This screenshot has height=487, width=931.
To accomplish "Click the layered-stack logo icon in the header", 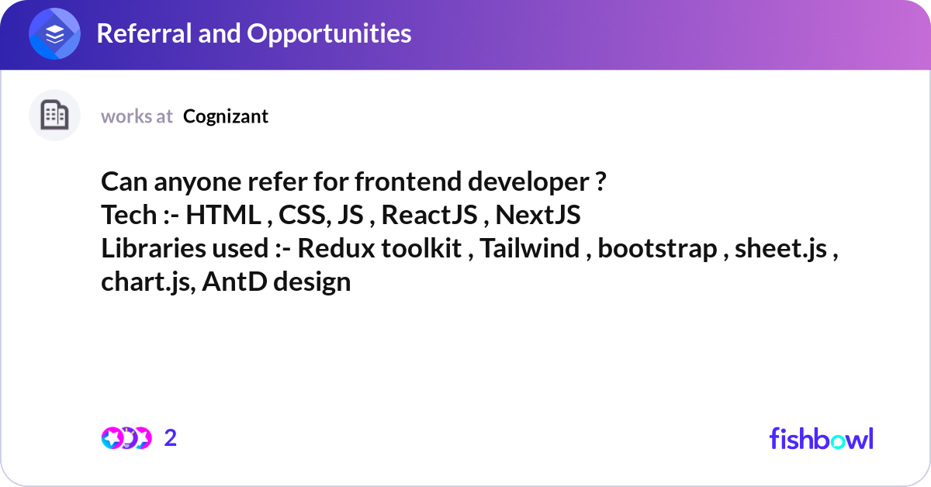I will pyautogui.click(x=55, y=34).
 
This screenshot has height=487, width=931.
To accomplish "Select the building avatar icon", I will pyautogui.click(x=54, y=116).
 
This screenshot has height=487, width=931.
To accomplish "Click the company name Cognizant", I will pyautogui.click(x=226, y=116).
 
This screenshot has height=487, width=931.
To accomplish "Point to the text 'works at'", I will pyautogui.click(x=137, y=116).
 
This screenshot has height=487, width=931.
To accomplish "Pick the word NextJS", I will pyautogui.click(x=538, y=216).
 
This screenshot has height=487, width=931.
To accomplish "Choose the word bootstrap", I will pyautogui.click(x=657, y=249).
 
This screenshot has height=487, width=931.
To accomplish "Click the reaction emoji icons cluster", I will pyautogui.click(x=126, y=438).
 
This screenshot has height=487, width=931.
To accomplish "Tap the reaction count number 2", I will pyautogui.click(x=171, y=438).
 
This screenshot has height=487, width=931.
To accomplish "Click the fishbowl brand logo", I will pyautogui.click(x=821, y=438).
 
